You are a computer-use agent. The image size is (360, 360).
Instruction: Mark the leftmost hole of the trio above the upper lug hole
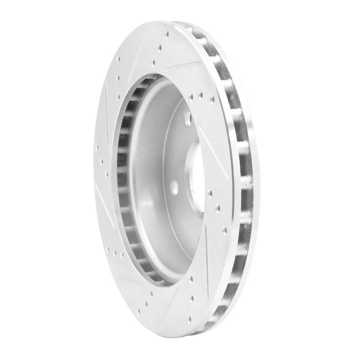(191, 95)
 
